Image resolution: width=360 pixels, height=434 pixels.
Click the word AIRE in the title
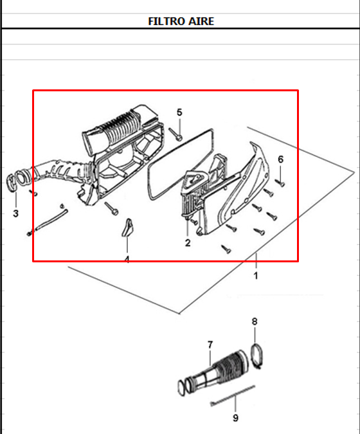[x=202, y=21]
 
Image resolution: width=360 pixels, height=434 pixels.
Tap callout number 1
[x=255, y=276]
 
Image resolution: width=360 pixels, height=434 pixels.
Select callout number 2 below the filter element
[x=188, y=243]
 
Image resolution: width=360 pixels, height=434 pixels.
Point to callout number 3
[x=15, y=213]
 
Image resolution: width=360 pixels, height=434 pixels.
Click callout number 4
[x=127, y=260]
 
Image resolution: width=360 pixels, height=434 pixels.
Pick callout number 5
[x=179, y=112]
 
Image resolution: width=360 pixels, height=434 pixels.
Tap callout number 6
[x=280, y=159]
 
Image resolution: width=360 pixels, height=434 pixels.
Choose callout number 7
[x=210, y=345]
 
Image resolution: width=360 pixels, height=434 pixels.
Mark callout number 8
[x=255, y=321]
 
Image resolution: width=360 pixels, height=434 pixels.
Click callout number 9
[x=235, y=418]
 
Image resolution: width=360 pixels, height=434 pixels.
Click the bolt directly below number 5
[x=177, y=134]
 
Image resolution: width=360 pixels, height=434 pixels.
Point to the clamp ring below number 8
[x=257, y=356]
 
